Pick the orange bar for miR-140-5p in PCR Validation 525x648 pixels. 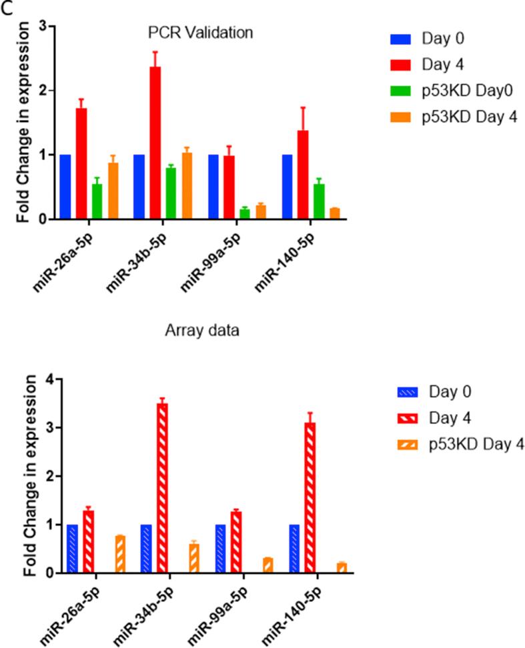coord(316,213)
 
